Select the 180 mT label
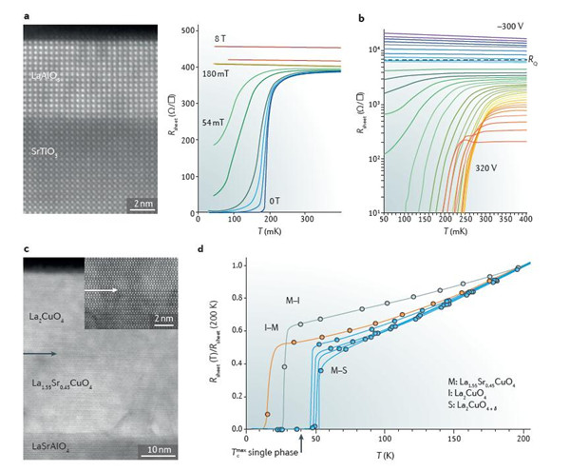click(214, 72)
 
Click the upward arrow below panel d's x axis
click(301, 440)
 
